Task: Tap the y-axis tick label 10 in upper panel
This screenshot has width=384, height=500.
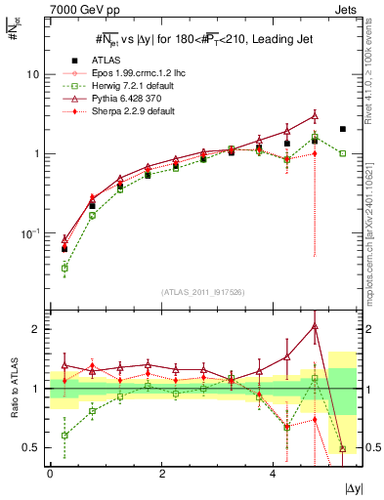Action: coord(33,74)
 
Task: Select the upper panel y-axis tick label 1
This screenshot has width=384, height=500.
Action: coord(37,154)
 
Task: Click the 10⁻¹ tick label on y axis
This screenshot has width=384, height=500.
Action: coord(29,233)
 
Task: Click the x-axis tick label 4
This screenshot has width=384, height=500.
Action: coord(272,474)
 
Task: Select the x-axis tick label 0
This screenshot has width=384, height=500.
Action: coord(50,474)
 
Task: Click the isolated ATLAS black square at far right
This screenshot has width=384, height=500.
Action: coord(342,129)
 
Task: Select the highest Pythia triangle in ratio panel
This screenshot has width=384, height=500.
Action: coord(314,325)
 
